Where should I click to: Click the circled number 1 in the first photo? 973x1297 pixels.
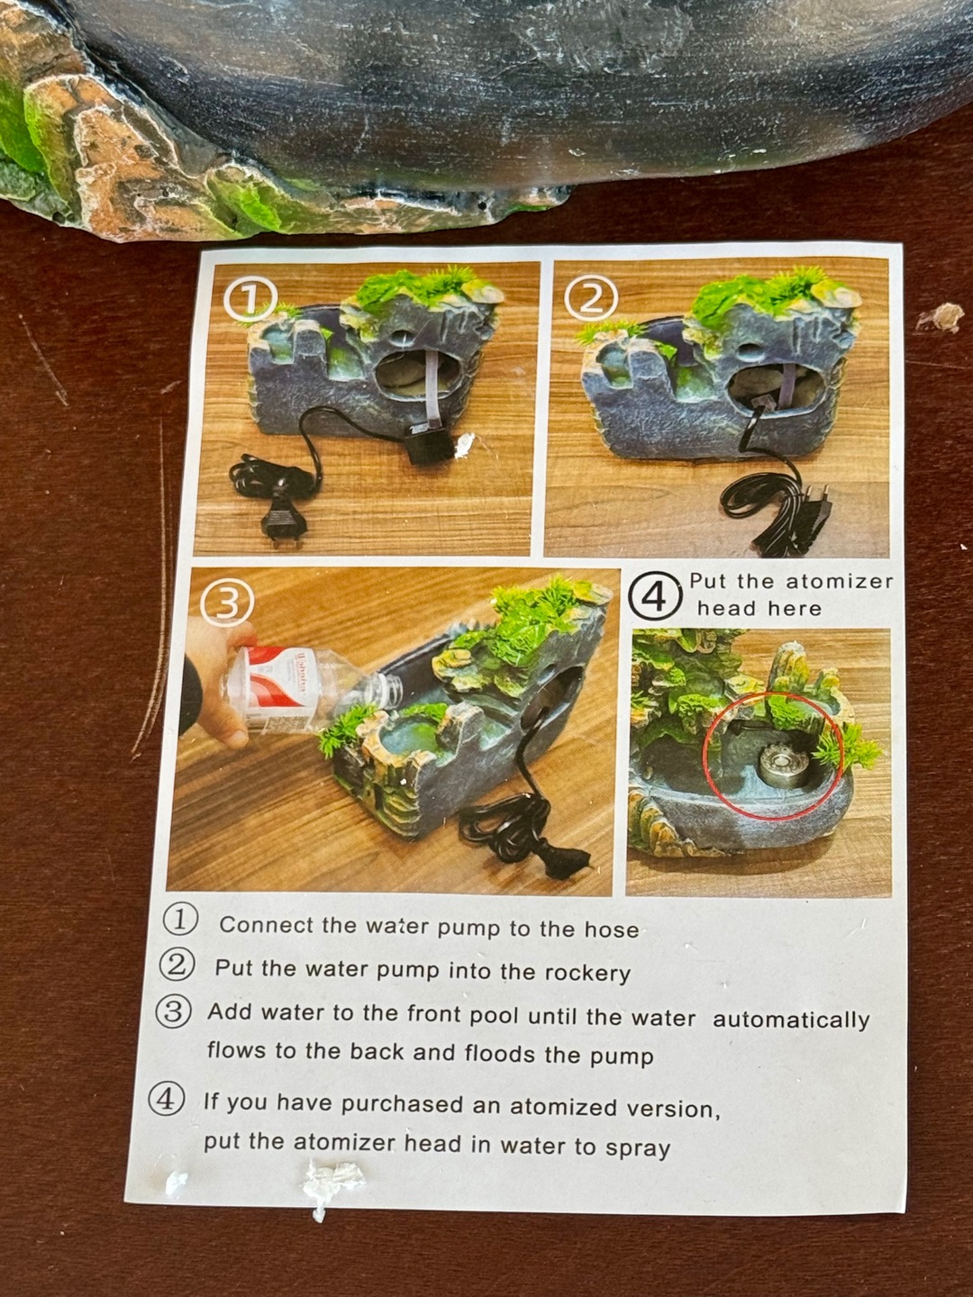point(250,300)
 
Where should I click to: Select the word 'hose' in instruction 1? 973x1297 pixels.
point(612,930)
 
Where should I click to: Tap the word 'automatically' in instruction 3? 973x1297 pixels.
point(791,1020)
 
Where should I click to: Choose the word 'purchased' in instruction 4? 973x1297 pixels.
point(402,1105)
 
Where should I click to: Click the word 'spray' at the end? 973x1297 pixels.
point(638,1149)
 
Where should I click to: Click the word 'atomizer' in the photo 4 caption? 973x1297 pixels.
point(839,582)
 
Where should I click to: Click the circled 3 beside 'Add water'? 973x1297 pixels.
point(172,1011)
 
